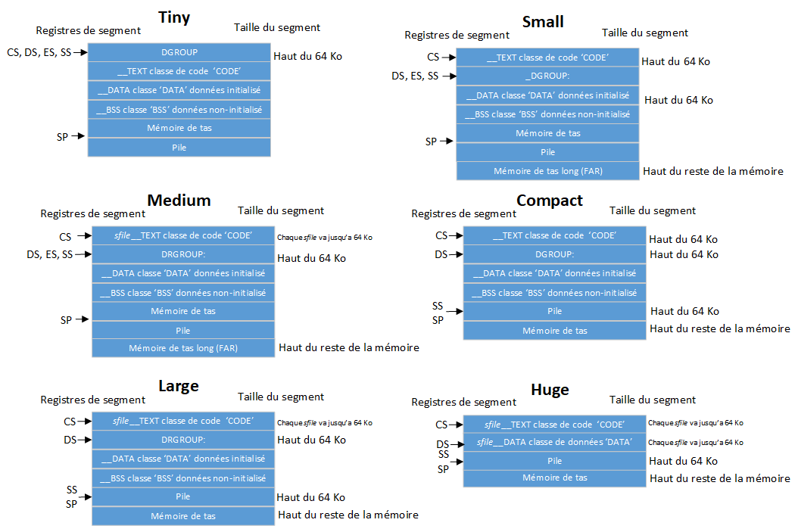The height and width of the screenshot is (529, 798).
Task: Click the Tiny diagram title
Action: coord(173,17)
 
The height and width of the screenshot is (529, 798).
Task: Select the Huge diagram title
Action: coord(550,390)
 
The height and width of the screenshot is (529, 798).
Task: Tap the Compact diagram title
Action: coord(550,200)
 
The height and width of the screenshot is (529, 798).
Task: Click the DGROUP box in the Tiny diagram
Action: coord(179,52)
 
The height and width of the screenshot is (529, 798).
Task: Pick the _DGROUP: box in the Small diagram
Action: coord(547,76)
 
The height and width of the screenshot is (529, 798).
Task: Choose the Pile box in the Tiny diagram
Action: coord(179,148)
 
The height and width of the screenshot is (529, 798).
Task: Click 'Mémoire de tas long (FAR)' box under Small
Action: coord(547,171)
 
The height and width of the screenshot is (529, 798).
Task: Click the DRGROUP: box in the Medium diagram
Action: coord(183,254)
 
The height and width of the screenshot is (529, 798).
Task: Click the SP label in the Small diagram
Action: coord(431,142)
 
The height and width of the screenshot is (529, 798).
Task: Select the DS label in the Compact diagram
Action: coord(441,254)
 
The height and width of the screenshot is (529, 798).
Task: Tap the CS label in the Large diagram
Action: coord(70,422)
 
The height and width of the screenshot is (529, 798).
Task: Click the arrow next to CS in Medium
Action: coord(84,237)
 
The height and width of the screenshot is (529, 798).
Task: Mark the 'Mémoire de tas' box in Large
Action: coord(183,516)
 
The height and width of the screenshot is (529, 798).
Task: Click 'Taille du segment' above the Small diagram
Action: coord(645,33)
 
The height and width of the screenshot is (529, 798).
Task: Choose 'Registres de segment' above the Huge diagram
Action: coord(464,402)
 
